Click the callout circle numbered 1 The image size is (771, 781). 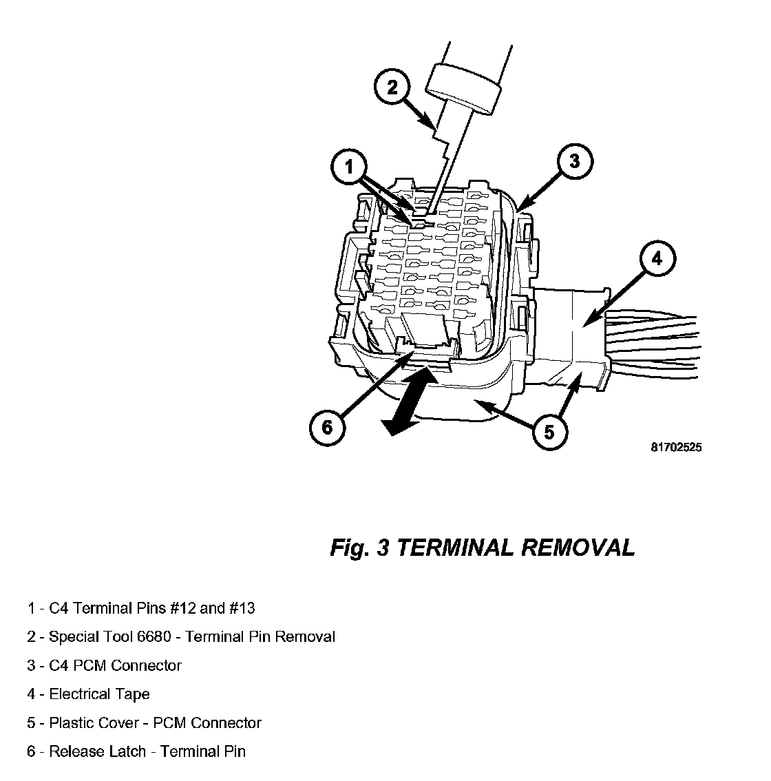pos(349,167)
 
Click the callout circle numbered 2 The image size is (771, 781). pos(392,87)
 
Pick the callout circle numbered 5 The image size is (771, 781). pos(549,432)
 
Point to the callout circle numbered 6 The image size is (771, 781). pos(326,427)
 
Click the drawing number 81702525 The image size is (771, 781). pos(676,447)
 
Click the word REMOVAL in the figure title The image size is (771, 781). pos(578,548)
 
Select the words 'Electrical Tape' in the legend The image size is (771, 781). pos(99,694)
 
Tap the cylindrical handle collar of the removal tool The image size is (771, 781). pos(462,87)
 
